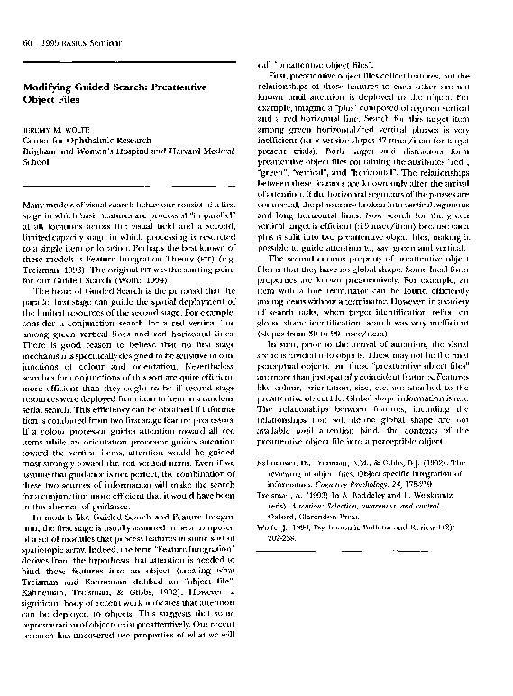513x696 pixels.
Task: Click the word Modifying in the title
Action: tap(49, 86)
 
